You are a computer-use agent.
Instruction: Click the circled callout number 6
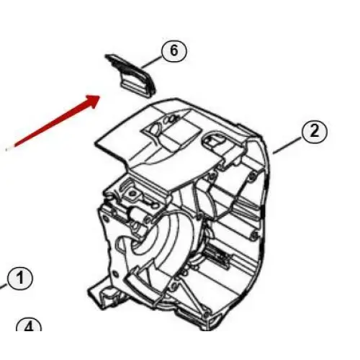tap(174, 52)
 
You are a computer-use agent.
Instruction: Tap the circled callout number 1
tap(19, 279)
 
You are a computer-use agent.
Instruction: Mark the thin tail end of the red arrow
tap(6, 150)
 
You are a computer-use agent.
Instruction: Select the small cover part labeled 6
tap(131, 76)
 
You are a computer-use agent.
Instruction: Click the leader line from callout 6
tap(151, 63)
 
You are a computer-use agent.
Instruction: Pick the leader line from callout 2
tap(287, 145)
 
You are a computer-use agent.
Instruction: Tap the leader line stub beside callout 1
tap(4, 286)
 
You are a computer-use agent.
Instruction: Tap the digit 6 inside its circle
tap(174, 51)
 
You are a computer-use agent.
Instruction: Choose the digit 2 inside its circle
tap(315, 132)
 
